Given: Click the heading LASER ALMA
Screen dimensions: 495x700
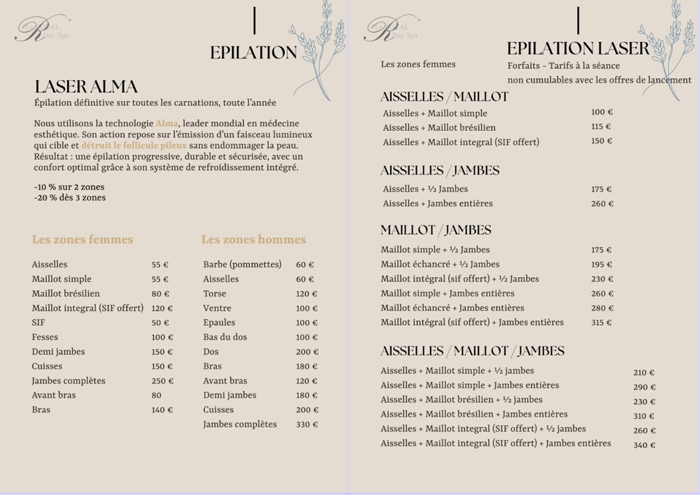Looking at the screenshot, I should click(x=86, y=87).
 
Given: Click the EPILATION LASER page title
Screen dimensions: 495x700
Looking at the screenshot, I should click(x=578, y=49).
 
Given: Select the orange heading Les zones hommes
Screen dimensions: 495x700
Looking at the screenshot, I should click(x=253, y=239).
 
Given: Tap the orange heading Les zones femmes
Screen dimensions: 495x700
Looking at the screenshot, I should click(x=83, y=239).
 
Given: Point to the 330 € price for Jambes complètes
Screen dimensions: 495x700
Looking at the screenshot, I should click(x=307, y=425).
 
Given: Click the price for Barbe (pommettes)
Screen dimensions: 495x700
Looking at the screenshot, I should click(x=305, y=265).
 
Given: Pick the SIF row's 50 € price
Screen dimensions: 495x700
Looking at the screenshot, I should click(x=160, y=323).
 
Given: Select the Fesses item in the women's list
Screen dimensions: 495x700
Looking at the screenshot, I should click(x=45, y=337).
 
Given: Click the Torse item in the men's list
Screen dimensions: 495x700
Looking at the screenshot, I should click(x=215, y=293).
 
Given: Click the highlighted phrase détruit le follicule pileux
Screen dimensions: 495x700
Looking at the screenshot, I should click(x=133, y=146).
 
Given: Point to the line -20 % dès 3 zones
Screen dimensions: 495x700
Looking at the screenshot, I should click(x=70, y=198).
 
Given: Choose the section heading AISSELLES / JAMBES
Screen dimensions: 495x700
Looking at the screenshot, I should click(x=440, y=170).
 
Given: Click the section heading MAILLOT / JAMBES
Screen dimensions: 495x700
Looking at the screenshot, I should click(x=436, y=230).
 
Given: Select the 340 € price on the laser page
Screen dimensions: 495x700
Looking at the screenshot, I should click(x=644, y=446).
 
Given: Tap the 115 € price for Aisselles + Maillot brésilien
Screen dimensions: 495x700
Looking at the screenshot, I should click(x=601, y=127).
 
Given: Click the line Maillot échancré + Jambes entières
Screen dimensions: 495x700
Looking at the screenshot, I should click(x=453, y=308).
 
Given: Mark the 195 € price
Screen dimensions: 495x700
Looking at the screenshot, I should click(x=602, y=265).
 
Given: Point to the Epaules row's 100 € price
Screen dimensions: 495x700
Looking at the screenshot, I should click(x=307, y=323).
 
